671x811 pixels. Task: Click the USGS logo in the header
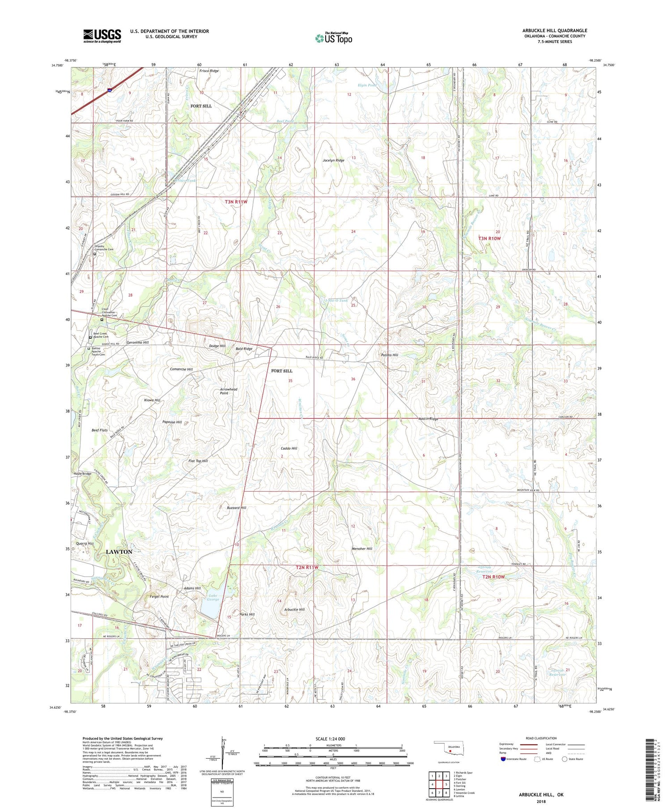102,36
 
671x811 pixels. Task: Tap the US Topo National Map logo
333,38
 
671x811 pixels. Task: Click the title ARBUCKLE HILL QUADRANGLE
555,30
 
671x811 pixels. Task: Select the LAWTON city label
119,552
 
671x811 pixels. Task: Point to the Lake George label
213,597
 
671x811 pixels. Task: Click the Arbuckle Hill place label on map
294,609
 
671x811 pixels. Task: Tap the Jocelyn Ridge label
333,160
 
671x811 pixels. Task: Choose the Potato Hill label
389,355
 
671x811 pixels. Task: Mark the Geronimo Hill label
137,342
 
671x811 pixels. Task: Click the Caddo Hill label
289,448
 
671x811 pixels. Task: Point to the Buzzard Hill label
236,508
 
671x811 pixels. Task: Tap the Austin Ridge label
428,419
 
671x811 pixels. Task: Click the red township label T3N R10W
490,238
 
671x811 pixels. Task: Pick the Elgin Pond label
367,85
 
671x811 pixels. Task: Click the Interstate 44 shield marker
110,90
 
